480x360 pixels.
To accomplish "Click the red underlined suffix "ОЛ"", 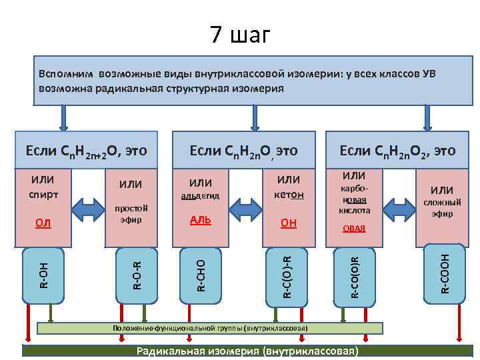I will tap(43, 222).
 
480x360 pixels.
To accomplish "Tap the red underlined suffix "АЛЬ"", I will tap(201, 220).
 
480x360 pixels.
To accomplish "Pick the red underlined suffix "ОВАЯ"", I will tap(354, 228).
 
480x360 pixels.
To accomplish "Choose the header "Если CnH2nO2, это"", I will tap(397, 151).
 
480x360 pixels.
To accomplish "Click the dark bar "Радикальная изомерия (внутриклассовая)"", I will tap(247, 351).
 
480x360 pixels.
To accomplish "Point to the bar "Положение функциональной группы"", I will tap(210, 328).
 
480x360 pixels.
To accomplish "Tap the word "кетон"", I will tap(289, 195).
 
